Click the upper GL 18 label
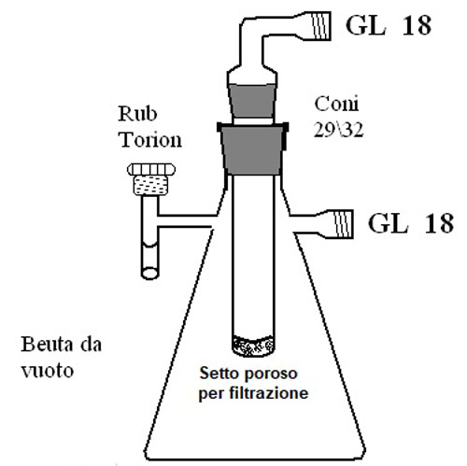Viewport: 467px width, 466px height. pos(389,25)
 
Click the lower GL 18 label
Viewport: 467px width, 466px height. pos(411,223)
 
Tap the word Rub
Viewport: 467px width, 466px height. pos(137,114)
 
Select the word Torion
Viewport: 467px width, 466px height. pos(150,139)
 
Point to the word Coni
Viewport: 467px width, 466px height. pos(336,104)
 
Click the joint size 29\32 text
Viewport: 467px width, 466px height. pos(338,130)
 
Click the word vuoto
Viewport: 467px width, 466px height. pos(48,371)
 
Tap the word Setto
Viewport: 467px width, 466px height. pos(218,374)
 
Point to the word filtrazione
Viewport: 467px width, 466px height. pos(269,393)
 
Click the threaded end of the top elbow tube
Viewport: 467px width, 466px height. pos(321,25)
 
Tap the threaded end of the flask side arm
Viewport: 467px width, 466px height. pos(344,224)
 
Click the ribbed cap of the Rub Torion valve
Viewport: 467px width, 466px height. pos(151,170)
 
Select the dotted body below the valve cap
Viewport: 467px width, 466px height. pos(150,185)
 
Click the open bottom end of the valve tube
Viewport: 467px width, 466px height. pos(149,273)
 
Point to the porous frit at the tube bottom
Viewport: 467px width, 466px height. pos(253,346)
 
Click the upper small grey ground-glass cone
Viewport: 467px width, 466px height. pos(252,101)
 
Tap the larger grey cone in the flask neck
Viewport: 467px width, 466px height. pos(253,149)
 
